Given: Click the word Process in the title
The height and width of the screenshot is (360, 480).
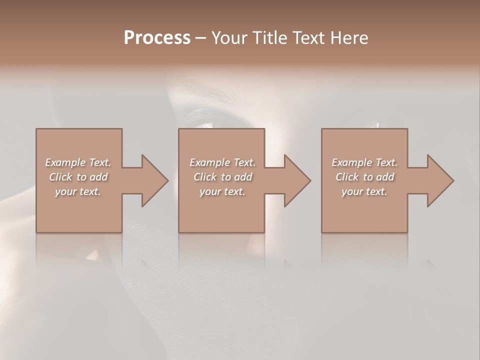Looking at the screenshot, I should (x=157, y=38).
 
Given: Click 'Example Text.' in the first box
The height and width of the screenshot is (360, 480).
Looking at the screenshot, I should (x=78, y=162).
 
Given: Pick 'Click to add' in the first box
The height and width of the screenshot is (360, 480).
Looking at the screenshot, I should (x=78, y=177).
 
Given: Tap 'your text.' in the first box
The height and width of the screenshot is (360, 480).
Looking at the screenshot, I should (x=78, y=191).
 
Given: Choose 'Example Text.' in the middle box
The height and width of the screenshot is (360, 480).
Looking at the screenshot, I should (x=222, y=162).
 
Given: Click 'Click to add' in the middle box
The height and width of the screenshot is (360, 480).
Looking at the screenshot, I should (x=222, y=177).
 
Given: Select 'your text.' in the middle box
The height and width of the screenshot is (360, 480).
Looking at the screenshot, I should (x=222, y=191).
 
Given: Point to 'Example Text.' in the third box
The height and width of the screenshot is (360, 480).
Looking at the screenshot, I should (x=364, y=162).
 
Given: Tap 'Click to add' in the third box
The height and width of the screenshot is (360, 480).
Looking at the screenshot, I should (x=364, y=177).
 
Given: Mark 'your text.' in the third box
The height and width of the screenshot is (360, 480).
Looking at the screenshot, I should (x=364, y=191).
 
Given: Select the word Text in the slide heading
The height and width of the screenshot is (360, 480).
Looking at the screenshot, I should (x=307, y=38).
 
